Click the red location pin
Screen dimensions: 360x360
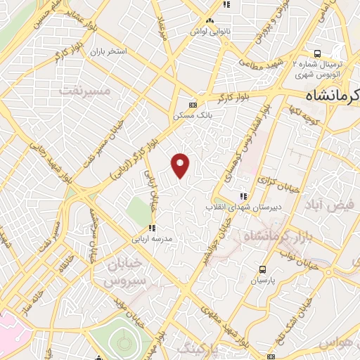(181, 165)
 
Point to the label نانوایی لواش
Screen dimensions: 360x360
(210, 31)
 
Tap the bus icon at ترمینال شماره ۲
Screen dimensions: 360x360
(318, 53)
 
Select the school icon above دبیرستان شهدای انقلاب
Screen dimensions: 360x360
(243, 197)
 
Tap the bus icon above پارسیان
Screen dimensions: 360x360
(262, 269)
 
